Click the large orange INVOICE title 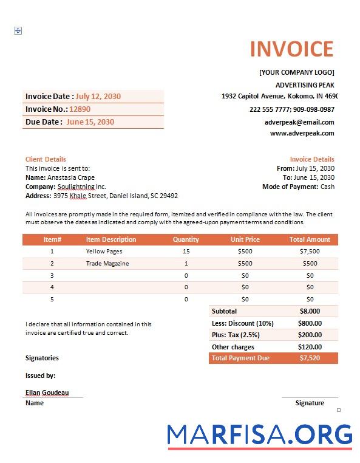click(291, 49)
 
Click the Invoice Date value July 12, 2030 click(98, 97)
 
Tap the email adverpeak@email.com click(299, 122)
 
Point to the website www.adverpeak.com click(302, 133)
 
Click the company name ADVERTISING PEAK click(305, 85)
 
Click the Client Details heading click(46, 159)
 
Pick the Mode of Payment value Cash click(327, 187)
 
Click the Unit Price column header click(245, 239)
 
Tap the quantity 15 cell click(186, 251)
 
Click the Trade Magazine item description click(107, 263)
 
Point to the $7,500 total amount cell click(310, 251)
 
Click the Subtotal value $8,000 click(310, 311)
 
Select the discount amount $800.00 click(310, 323)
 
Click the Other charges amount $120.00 click(310, 347)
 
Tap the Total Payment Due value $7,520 click(310, 358)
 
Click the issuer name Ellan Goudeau click(47, 393)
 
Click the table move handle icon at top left click(18, 30)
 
